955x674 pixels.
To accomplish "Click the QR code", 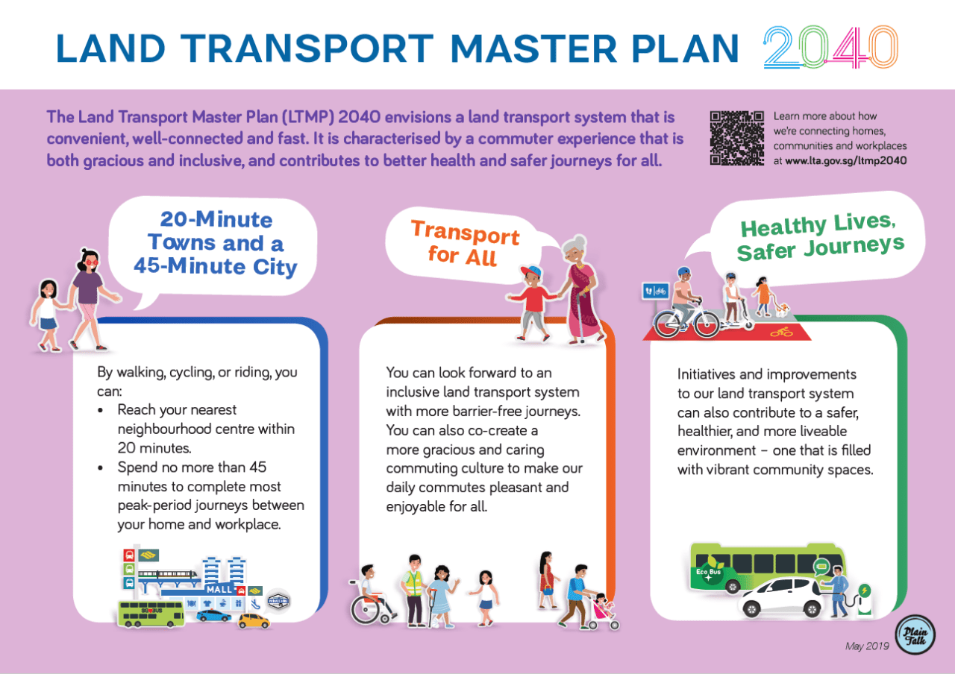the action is coord(736,138).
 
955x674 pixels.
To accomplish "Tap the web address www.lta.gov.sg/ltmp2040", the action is coord(846,160).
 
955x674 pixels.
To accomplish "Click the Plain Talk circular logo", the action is coord(915,634).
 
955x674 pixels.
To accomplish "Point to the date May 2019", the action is coord(867,646).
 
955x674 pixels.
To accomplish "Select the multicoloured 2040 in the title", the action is coord(830,47).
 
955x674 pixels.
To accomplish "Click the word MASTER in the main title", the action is coord(533,48).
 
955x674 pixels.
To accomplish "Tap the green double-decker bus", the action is coord(151,614).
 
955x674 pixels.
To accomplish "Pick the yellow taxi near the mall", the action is coord(254,621).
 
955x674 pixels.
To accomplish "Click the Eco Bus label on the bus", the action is coord(708,572).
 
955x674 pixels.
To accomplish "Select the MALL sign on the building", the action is coord(219,589).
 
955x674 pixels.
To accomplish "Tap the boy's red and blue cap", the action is coord(530,271).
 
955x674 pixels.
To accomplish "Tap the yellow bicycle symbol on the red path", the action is coord(781,331).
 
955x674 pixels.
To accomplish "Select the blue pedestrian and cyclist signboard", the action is coord(655,292).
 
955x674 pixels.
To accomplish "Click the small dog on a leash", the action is coord(781,309).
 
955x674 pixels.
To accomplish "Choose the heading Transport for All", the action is coord(464,243).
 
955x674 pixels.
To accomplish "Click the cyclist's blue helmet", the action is coord(684,271).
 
